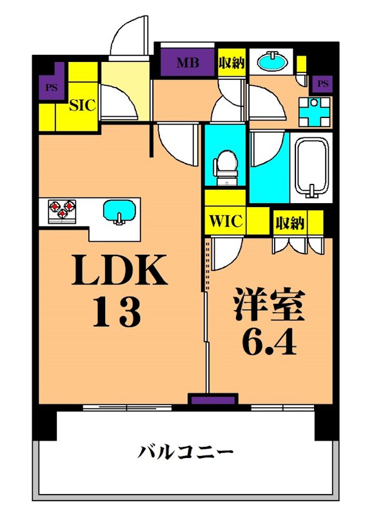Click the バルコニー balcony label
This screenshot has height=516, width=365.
point(184,451)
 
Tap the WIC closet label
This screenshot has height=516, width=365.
point(225,223)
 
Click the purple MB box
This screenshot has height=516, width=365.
point(188,63)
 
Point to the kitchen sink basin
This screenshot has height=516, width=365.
point(119,211)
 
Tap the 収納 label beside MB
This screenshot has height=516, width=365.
point(230,63)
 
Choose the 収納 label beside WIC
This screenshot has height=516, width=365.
point(290,223)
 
